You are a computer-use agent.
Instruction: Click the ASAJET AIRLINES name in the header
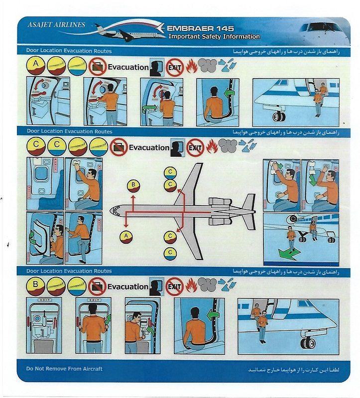(x=56, y=24)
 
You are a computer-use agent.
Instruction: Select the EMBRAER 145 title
(x=200, y=28)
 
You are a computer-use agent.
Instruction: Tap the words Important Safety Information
(x=214, y=36)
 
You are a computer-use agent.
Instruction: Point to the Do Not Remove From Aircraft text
(x=64, y=369)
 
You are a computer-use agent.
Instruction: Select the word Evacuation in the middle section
(x=149, y=147)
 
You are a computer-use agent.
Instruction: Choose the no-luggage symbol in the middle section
(x=119, y=148)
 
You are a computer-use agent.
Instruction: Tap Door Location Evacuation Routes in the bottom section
(x=69, y=271)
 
